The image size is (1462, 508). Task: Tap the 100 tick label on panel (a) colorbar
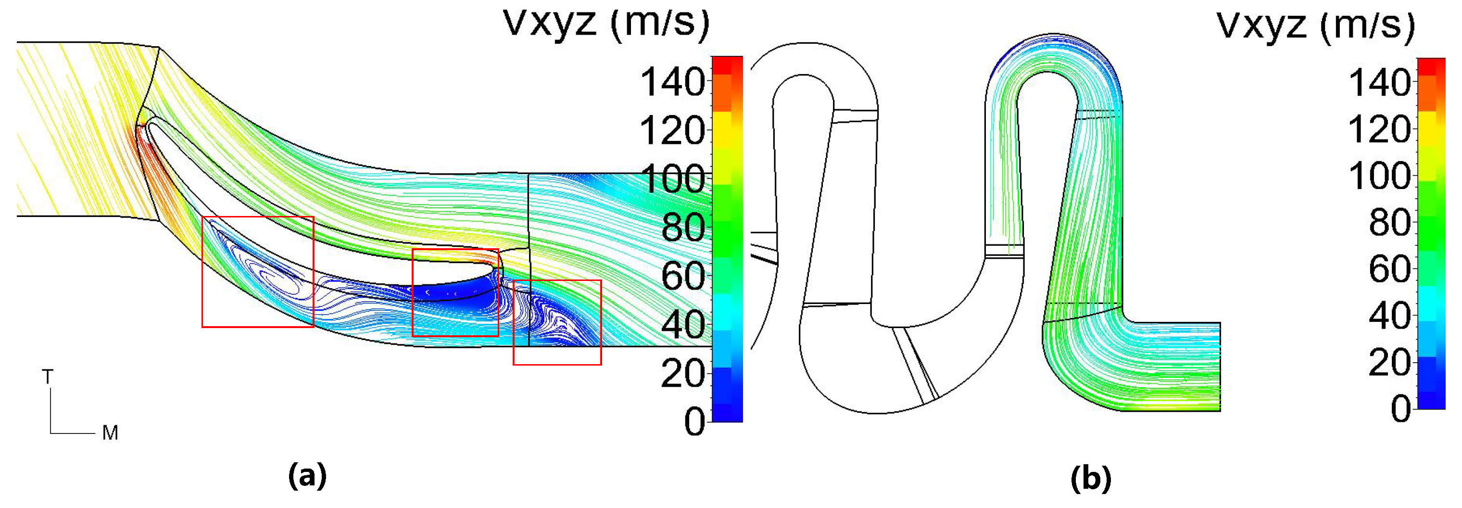[x=672, y=179]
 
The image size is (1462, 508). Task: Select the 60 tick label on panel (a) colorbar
[x=683, y=277]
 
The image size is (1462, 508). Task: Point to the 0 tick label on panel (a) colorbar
[x=694, y=422]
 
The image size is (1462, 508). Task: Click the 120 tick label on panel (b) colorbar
[x=1380, y=129]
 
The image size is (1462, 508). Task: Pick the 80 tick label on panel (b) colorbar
[x=1390, y=223]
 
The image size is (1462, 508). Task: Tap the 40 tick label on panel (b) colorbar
[x=1390, y=316]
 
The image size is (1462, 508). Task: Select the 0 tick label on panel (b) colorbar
[x=1401, y=408]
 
